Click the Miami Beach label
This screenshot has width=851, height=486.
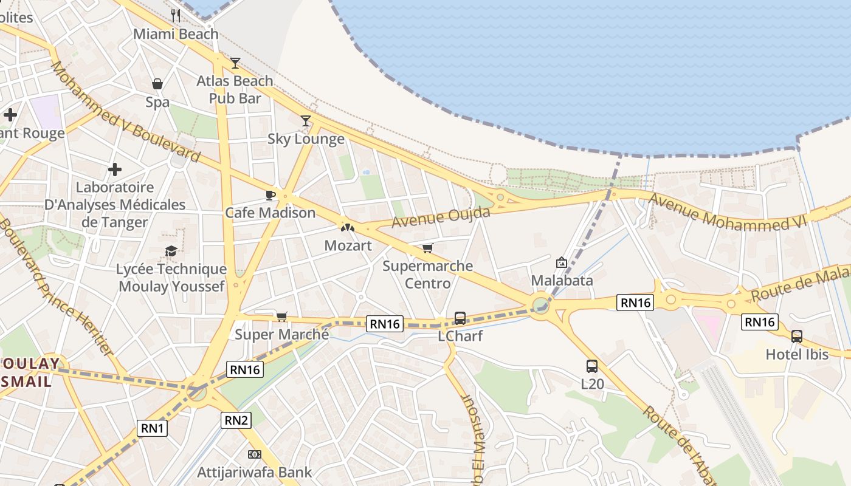pos(176,34)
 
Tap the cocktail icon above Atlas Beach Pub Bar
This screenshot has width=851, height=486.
pos(235,63)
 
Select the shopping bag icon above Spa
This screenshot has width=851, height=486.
pos(157,84)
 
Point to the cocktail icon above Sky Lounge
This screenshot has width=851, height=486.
pos(306,121)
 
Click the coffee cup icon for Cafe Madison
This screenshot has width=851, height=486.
pos(270,195)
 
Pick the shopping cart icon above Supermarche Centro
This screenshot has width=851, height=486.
pos(427,248)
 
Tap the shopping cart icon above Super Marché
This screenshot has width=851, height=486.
pos(281,317)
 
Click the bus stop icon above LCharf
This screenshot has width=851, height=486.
pos(460,318)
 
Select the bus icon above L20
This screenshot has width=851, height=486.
pos(592,366)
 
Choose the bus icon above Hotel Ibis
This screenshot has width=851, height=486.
pos(796,336)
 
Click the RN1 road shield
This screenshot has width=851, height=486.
pos(152,428)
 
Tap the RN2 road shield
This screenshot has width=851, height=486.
pos(236,420)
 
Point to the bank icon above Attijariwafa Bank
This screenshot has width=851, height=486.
pos(255,454)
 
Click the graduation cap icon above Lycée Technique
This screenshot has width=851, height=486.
pos(171,251)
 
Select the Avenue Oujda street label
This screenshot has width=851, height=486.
pos(441,217)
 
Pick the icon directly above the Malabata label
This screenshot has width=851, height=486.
pos(562,262)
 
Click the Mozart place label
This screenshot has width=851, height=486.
pos(348,245)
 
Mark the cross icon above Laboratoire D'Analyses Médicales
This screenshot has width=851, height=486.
pos(115,169)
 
